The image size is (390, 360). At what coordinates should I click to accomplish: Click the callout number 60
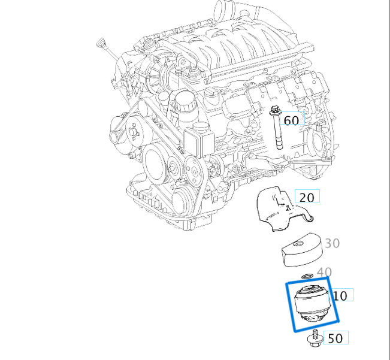point(291,120)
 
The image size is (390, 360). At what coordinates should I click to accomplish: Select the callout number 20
point(306,197)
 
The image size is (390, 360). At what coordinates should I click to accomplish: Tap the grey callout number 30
point(332,243)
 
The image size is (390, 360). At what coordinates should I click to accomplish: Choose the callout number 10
point(340,295)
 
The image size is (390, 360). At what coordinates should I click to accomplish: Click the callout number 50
point(335,338)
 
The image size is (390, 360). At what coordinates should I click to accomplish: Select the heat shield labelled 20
point(276,210)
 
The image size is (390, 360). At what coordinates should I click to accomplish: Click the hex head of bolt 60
point(275,110)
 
